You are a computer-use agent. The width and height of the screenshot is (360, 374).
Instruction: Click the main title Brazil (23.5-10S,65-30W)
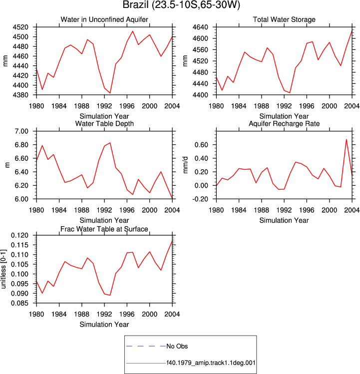point(181,5)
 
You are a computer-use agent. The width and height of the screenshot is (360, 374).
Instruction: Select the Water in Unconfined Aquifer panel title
point(104,19)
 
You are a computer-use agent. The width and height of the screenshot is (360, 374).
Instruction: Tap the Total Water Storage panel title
point(284,19)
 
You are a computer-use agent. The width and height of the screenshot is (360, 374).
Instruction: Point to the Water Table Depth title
point(104,123)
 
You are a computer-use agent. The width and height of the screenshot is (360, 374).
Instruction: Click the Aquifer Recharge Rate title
point(284,123)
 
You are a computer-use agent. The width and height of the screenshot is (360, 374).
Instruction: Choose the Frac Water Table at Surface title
point(104,229)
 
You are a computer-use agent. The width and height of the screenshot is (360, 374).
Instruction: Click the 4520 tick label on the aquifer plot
point(20,27)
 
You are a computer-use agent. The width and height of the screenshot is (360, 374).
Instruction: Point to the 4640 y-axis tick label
point(200,27)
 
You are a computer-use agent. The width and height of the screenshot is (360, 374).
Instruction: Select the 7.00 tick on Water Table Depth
point(21,131)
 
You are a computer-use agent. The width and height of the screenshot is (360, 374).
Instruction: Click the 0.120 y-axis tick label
point(19,235)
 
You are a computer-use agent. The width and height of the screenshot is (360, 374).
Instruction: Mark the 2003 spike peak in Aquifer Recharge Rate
point(346,139)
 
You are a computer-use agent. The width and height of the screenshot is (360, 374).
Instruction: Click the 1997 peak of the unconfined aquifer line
point(133,31)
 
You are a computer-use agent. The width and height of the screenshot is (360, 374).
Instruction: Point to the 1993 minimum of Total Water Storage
point(290,92)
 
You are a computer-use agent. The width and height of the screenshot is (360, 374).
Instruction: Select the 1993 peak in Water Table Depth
point(110,143)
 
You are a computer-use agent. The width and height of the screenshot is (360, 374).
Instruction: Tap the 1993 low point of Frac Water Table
point(110,295)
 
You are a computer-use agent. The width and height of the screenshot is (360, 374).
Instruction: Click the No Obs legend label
point(177,346)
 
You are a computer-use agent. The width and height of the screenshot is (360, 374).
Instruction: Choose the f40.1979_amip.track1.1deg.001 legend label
point(211,363)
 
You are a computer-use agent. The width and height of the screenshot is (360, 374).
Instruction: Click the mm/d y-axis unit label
point(186,165)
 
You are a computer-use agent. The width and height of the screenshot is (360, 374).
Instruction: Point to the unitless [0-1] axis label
point(3,269)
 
